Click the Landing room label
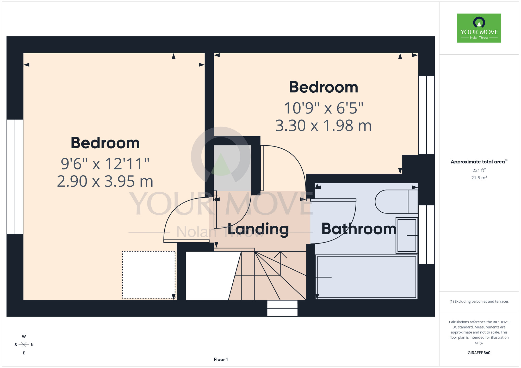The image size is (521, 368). tap(258, 229)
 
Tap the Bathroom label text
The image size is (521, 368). tap(359, 229)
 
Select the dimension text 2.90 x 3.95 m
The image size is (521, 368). tap(105, 181)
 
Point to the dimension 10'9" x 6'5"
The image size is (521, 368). tap(324, 108)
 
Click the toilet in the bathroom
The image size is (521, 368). tap(396, 202)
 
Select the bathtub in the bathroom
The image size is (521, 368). tap(367, 277)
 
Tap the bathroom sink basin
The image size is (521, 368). tap(407, 235)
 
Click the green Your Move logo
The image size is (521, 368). tap(479, 28)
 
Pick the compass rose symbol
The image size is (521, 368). tap(24, 345)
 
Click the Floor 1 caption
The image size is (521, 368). tap(221, 359)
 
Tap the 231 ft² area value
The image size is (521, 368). tap(479, 170)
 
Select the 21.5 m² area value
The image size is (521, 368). tap(479, 178)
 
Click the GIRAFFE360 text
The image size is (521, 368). tap(479, 353)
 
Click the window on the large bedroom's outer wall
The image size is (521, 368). tap(15, 177)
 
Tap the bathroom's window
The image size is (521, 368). tap(426, 234)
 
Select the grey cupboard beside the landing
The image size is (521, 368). tap(232, 168)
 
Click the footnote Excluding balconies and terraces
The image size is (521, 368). tap(479, 301)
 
